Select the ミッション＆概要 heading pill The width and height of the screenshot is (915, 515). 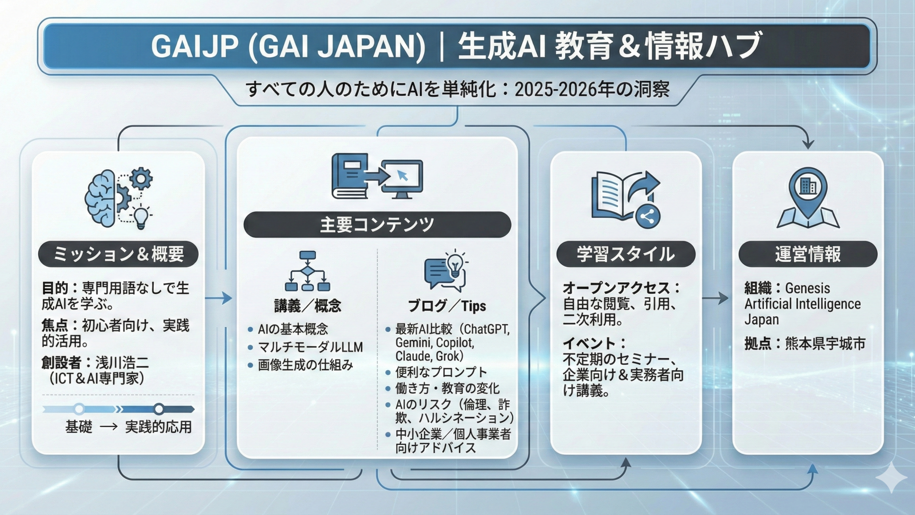118,254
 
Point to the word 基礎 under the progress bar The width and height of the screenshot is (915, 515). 79,426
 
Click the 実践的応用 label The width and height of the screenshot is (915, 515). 158,426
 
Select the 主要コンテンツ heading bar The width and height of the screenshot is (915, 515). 377,225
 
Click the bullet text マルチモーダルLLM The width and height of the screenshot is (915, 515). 310,347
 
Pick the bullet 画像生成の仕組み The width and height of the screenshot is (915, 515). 305,365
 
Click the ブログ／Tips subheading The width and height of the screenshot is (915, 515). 447,306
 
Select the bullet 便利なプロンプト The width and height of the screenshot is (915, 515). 441,372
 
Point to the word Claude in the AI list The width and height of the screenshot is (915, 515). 412,356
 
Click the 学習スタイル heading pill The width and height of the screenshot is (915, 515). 626,254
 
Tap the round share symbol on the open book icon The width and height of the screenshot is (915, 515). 647,217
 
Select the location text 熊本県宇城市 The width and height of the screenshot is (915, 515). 825,343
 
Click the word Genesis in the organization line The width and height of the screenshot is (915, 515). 807,288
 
